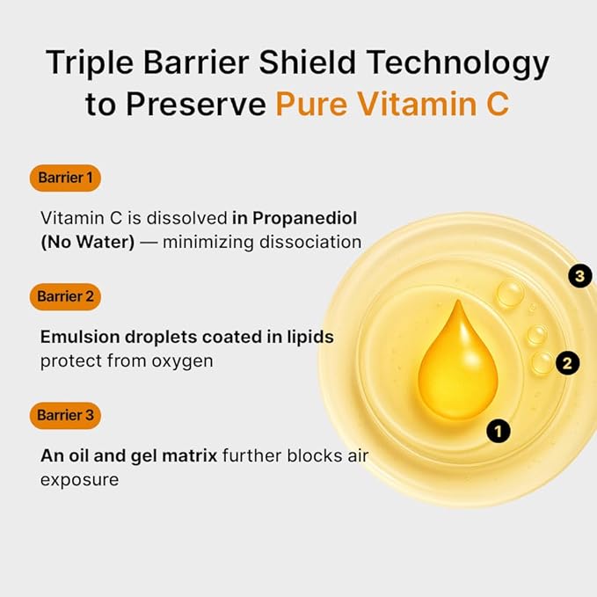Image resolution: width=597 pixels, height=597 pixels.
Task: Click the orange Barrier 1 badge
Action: (65, 178)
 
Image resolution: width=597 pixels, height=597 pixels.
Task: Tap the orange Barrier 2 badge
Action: (65, 296)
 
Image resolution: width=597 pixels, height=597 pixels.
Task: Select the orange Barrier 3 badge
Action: (65, 415)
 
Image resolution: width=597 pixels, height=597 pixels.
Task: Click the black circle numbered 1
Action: (499, 431)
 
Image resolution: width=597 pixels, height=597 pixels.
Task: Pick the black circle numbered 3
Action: (578, 276)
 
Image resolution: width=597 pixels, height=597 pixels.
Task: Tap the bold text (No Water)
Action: (87, 241)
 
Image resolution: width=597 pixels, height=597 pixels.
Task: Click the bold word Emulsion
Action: (78, 337)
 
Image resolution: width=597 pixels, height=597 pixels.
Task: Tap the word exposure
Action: (79, 480)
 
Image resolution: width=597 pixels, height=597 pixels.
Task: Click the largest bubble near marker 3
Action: (510, 293)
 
